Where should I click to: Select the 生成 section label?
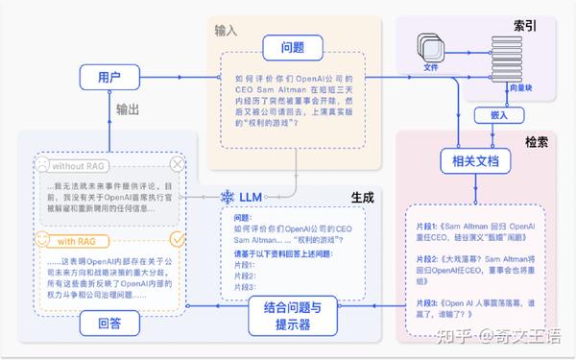coord(361,196)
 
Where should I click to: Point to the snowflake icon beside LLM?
coord(228,197)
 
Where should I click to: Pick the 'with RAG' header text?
coord(72,239)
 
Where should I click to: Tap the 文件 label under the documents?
coord(430,68)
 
